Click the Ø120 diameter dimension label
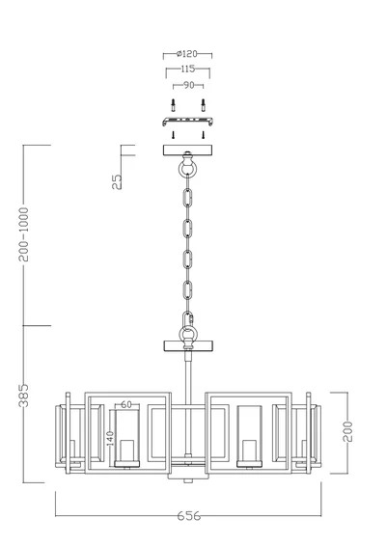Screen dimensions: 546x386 click(188, 56)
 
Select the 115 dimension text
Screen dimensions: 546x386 click(188, 71)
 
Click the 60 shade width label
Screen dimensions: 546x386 click(127, 406)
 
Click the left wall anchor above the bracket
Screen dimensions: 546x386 click(171, 103)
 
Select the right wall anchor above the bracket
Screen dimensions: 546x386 click(205, 103)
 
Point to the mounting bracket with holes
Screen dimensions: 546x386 click(187, 122)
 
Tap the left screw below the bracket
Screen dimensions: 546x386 click(171, 136)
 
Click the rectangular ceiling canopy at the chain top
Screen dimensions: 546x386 click(188, 150)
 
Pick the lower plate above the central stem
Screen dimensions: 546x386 click(188, 344)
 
